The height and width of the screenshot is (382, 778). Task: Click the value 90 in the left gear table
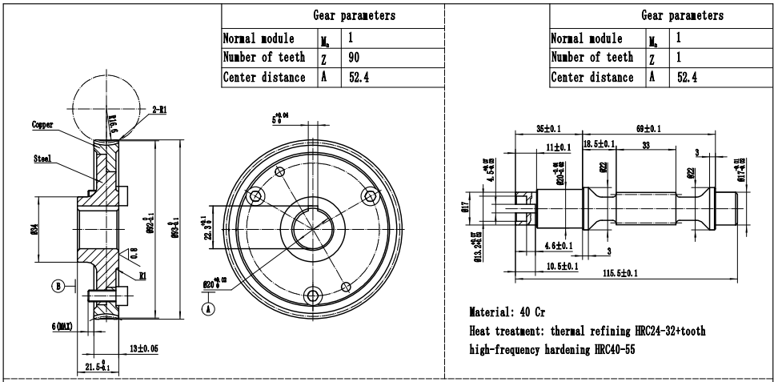click(x=355, y=58)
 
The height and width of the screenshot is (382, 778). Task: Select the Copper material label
click(x=42, y=126)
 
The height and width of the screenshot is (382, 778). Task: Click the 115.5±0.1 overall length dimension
click(x=621, y=274)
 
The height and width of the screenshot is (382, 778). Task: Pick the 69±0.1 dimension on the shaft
click(x=648, y=128)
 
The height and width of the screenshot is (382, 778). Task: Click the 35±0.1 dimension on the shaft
click(x=547, y=128)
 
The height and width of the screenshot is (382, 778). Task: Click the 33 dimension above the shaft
click(x=646, y=145)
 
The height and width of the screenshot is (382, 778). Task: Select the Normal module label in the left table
click(x=259, y=38)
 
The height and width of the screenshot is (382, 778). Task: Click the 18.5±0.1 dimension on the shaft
click(x=599, y=144)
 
